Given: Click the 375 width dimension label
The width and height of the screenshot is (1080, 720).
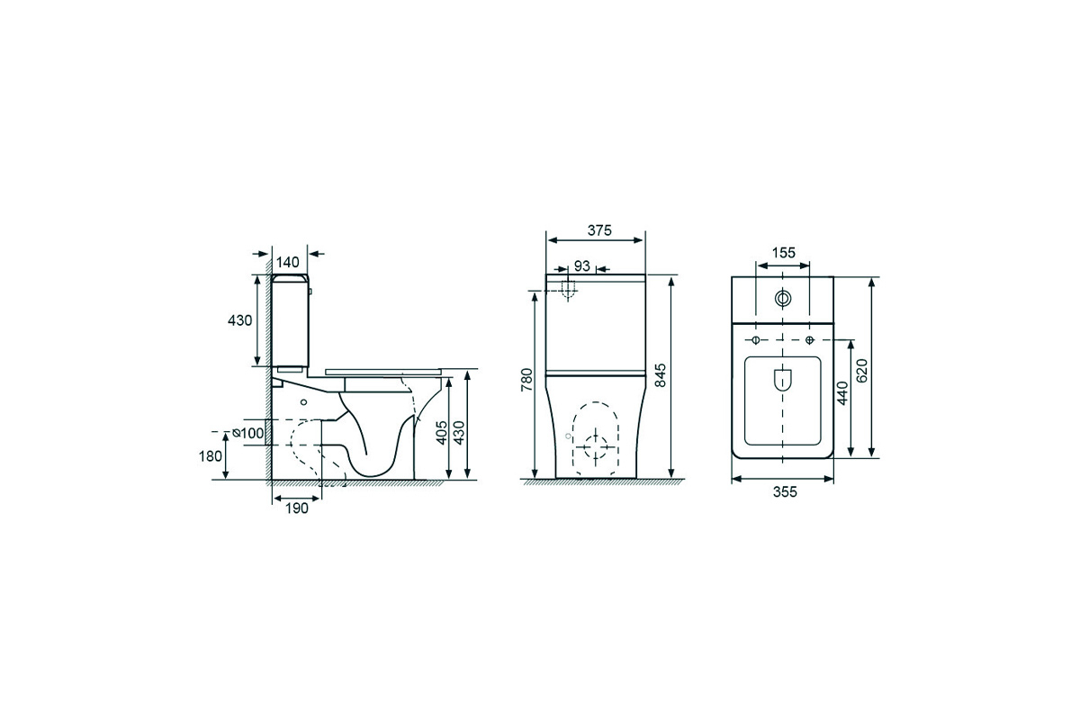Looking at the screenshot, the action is (x=599, y=230).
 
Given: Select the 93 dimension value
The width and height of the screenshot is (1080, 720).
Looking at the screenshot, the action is (x=582, y=265).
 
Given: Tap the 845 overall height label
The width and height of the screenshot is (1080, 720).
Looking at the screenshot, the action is (x=660, y=374).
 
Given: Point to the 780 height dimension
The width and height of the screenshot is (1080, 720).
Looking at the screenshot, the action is (x=527, y=379).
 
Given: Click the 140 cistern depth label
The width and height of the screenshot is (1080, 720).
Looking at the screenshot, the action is (x=288, y=262).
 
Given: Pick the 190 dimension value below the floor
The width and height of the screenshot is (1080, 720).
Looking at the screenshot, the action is (x=296, y=508).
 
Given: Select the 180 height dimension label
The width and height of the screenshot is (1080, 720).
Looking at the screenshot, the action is (x=211, y=455).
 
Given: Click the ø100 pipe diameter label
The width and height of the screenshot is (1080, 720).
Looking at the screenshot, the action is (x=248, y=433).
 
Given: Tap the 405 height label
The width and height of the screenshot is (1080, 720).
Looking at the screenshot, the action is (x=442, y=432).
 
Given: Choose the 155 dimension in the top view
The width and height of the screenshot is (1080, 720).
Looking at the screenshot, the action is (x=784, y=253).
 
